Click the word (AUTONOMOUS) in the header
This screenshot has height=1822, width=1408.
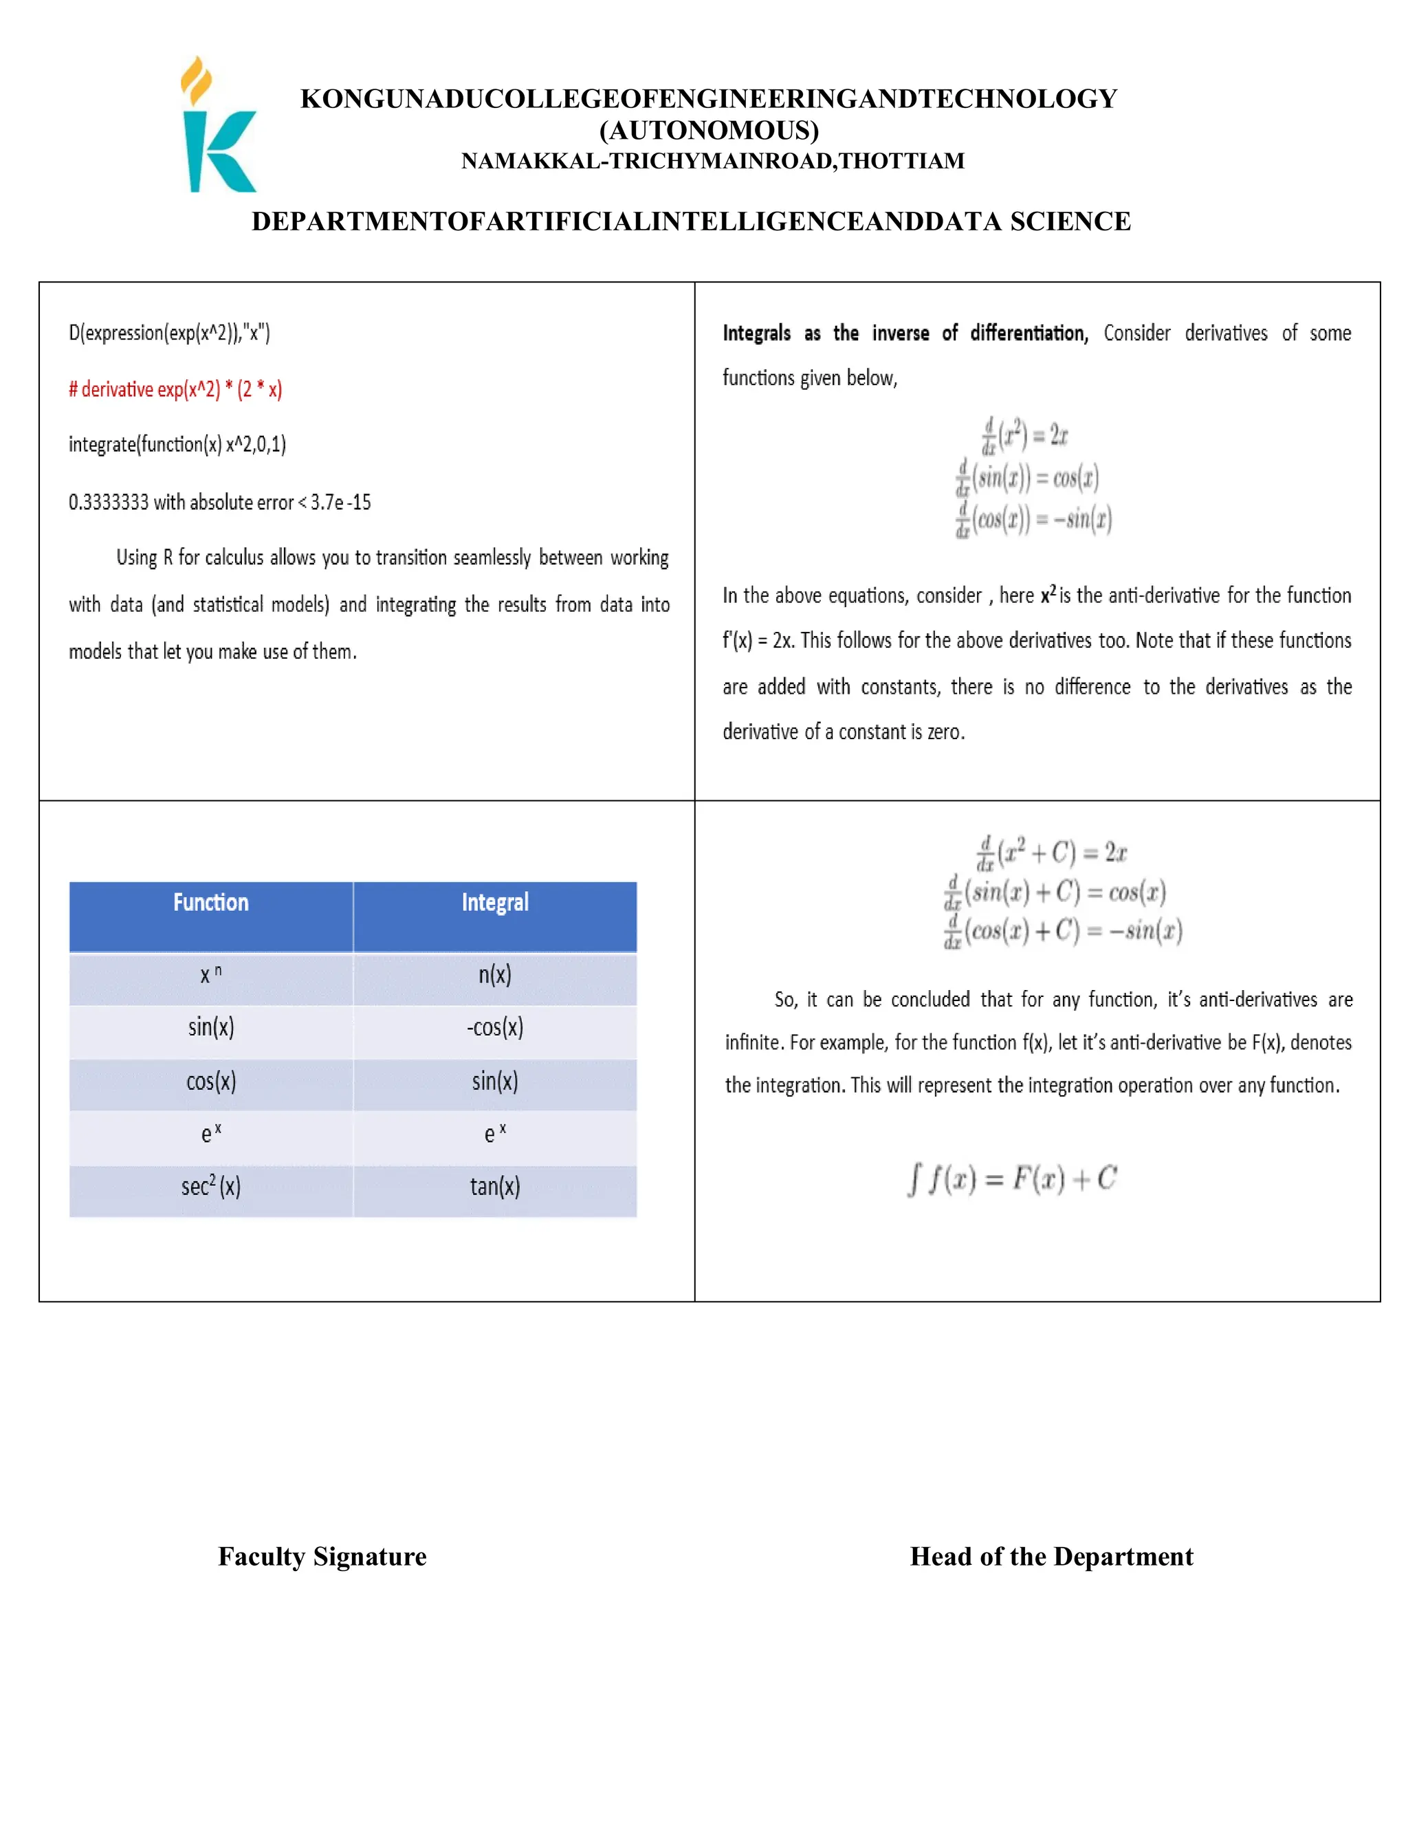(x=709, y=130)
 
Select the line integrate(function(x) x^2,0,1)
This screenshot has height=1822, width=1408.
(x=177, y=445)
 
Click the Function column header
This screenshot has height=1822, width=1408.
(x=211, y=903)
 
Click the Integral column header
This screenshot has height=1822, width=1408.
(x=494, y=903)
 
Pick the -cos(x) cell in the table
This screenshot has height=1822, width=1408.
(x=494, y=1028)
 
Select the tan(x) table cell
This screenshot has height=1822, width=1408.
(x=494, y=1186)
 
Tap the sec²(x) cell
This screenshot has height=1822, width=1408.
(x=211, y=1186)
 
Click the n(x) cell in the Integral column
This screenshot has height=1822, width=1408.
(x=494, y=974)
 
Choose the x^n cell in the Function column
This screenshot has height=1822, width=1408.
(x=211, y=974)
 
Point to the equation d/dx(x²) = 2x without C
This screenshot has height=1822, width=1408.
(x=1025, y=435)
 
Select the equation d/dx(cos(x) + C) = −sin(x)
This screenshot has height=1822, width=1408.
(x=1063, y=931)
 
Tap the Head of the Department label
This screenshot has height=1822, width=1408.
(x=1051, y=1557)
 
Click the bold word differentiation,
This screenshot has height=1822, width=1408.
(x=1028, y=333)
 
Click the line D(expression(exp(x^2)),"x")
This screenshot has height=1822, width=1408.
(x=169, y=333)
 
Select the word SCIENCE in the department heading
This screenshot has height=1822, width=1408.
(x=1070, y=221)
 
